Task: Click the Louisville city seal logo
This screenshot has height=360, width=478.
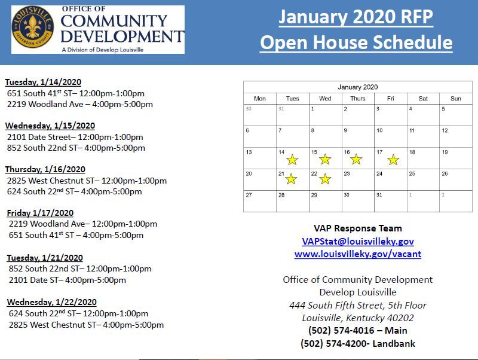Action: click(33, 29)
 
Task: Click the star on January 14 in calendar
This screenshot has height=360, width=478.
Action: click(292, 160)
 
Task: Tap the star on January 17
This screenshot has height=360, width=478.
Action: click(393, 160)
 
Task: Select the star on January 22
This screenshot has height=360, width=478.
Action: click(325, 179)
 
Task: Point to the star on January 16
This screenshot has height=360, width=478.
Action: click(356, 159)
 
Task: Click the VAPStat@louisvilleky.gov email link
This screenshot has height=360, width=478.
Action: click(357, 241)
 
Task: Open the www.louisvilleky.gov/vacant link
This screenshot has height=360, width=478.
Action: click(357, 254)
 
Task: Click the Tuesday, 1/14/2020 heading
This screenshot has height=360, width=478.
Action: click(43, 82)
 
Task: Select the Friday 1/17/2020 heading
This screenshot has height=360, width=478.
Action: click(41, 213)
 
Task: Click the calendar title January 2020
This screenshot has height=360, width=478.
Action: click(357, 87)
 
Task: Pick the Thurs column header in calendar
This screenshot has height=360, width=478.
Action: click(357, 99)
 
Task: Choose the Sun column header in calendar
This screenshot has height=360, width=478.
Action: click(455, 99)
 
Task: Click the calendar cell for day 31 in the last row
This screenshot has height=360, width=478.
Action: click(391, 202)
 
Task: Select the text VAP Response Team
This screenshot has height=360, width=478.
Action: click(357, 228)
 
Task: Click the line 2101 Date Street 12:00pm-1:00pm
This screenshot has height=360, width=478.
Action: click(75, 137)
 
